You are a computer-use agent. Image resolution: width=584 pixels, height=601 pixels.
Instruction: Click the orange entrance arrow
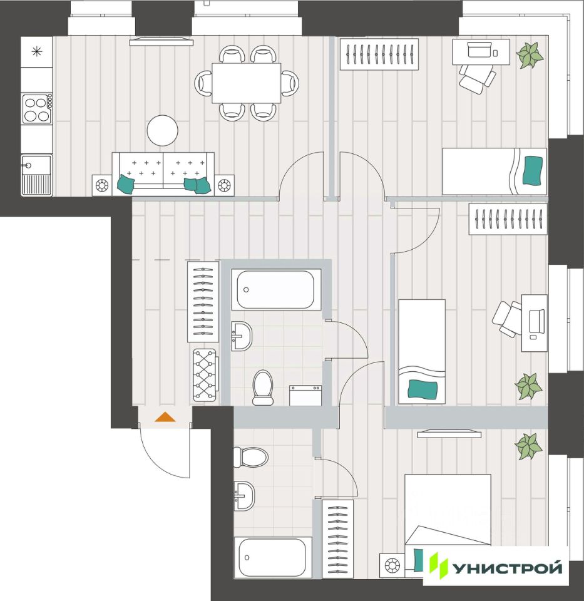point(165,417)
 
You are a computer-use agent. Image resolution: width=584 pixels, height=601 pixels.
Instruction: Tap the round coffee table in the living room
point(163,130)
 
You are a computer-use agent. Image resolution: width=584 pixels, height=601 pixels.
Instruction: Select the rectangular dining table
point(247,83)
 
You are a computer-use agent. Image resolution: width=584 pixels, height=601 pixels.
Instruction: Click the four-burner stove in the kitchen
point(37,109)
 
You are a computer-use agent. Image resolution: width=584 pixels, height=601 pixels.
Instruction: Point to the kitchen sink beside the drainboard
point(36,165)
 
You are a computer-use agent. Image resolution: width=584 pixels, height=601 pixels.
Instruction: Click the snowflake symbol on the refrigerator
point(37,51)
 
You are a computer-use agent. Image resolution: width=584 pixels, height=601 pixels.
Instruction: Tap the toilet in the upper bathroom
point(263,387)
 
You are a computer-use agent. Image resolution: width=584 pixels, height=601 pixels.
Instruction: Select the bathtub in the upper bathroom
point(275,289)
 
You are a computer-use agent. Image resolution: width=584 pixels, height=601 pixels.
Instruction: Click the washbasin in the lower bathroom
point(243,496)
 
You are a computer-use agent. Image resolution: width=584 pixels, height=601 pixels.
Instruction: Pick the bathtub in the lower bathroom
point(272,557)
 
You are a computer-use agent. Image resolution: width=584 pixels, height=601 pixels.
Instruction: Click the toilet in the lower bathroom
point(250,457)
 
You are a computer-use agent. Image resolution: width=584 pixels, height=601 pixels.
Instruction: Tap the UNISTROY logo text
point(508,567)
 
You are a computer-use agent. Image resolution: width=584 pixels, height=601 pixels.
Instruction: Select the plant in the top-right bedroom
point(530,56)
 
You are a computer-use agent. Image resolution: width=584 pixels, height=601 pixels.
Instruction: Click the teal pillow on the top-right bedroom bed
point(533,170)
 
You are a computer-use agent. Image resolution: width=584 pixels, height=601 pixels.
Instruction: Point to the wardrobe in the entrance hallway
point(203,302)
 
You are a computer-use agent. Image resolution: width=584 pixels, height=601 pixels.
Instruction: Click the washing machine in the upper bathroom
point(305,396)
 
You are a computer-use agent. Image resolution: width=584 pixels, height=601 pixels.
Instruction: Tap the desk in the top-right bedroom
point(481,52)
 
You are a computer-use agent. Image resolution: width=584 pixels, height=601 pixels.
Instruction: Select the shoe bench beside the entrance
point(205,375)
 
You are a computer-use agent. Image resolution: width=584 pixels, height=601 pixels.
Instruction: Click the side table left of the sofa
point(102,185)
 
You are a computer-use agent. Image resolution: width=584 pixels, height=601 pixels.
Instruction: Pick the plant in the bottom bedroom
point(528,446)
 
